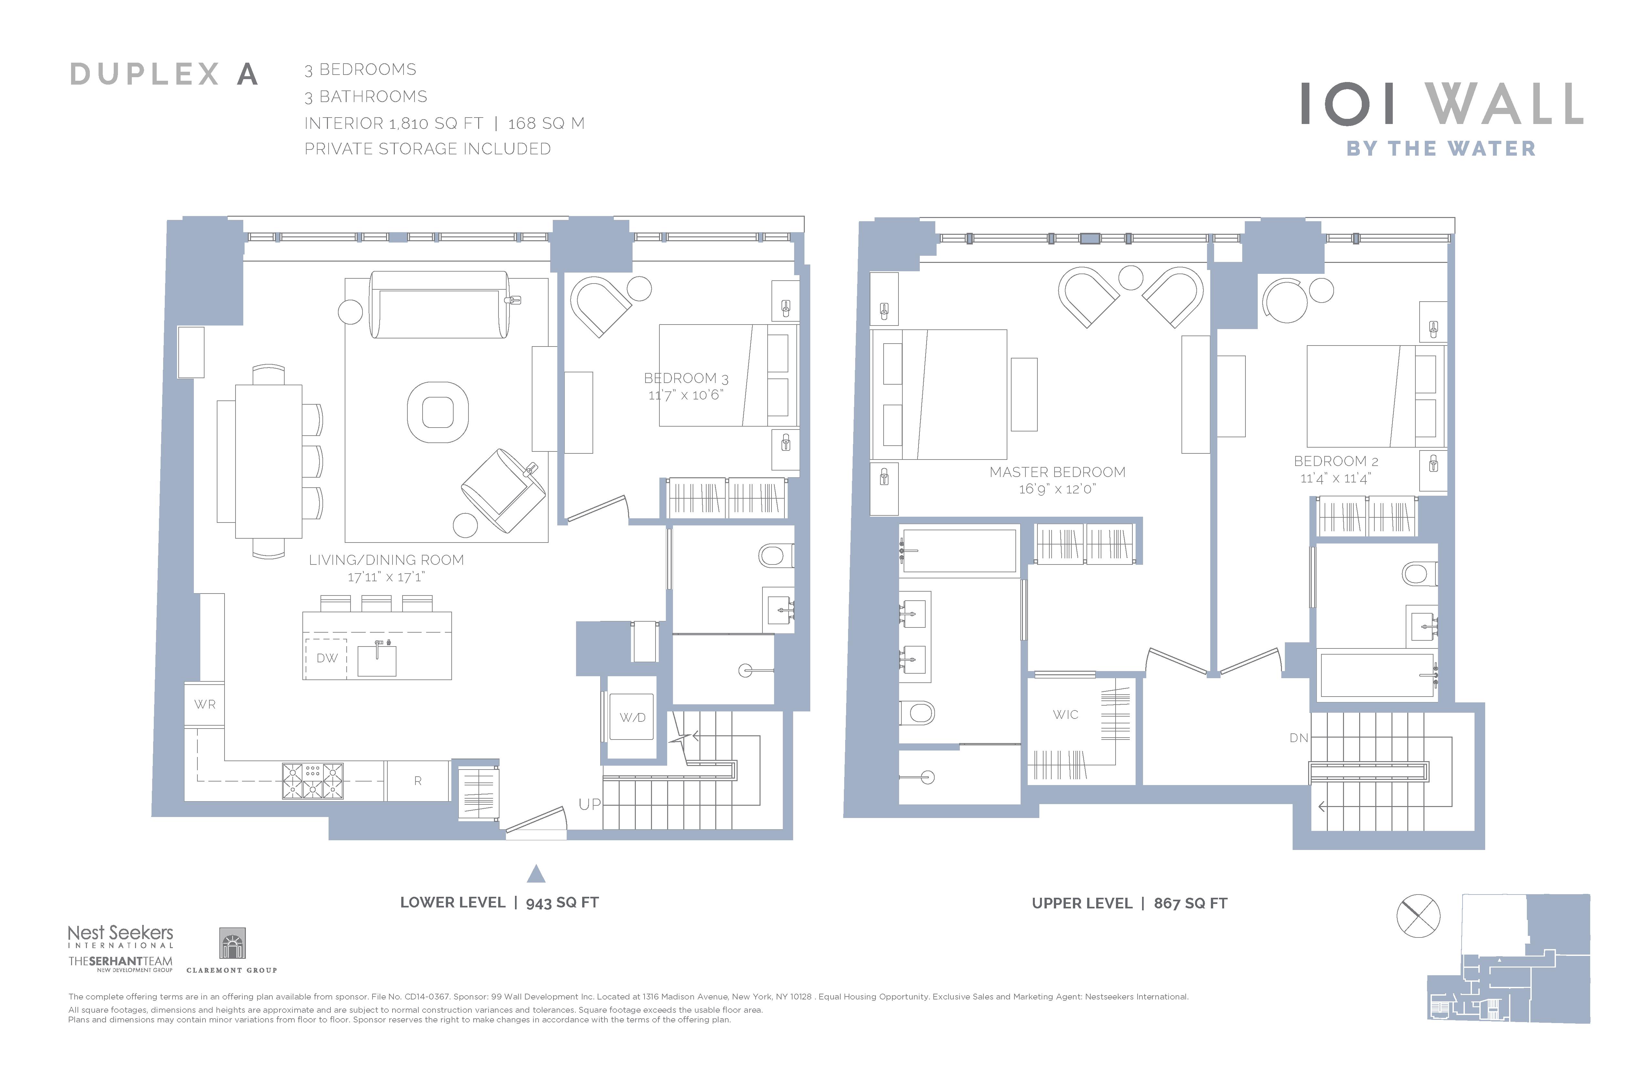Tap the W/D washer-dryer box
632,717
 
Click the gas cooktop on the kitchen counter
313,781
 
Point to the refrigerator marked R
417,781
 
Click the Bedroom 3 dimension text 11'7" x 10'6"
686,395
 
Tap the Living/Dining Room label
386,560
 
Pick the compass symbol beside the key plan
1418,916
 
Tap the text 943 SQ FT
562,903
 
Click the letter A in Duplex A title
247,74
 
